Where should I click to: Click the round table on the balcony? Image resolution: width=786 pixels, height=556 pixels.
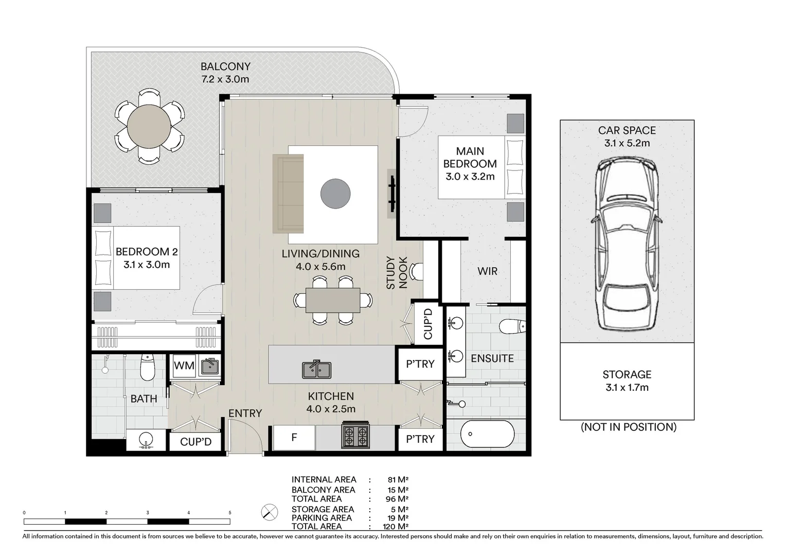coord(149,126)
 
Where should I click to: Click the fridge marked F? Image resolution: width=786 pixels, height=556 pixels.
coord(294,438)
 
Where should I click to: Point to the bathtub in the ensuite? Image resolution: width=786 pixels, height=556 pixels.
coord(487,434)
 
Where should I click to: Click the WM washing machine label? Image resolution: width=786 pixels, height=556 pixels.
coord(184,366)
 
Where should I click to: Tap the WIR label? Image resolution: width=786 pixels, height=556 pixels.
coord(487,271)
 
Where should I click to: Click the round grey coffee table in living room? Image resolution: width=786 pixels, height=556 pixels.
coord(335,194)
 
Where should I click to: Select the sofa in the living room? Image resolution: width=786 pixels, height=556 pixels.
coord(288,194)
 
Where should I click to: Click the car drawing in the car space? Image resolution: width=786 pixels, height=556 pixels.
coord(627,244)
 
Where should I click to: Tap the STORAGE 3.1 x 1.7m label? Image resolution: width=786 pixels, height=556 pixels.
coord(627,381)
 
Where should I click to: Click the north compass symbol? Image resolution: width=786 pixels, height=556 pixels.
coord(270,512)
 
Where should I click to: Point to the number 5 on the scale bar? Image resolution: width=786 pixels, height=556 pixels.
coord(230,513)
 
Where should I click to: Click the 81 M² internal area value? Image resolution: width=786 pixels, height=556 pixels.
coord(398,479)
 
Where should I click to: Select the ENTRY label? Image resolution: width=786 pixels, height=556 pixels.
coord(245,413)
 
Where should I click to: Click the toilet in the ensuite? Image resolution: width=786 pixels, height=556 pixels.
coord(512,326)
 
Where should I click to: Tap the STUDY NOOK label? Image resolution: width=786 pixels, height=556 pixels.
coord(397,273)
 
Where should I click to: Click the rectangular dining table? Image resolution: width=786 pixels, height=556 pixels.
coord(333,300)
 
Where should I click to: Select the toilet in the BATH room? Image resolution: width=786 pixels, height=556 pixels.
coord(147,367)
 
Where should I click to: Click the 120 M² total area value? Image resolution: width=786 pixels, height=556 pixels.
coord(396,527)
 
